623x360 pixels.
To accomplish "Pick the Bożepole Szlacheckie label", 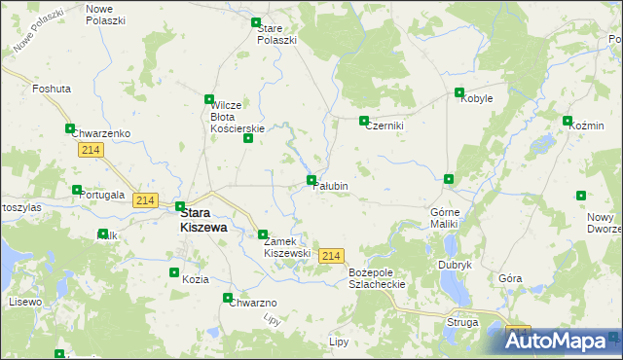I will pos(376,277).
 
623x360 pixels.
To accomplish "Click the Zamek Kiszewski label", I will pos(287,247).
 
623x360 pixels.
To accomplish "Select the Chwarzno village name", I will pos(254,303).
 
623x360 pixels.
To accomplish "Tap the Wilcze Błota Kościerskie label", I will pos(238,117).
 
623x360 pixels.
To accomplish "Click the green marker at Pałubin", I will pos(311,180).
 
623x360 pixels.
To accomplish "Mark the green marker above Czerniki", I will pos(364,122).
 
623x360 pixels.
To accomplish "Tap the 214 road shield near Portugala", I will pos(145,200).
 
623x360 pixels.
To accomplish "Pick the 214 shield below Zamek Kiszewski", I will pos(331,255).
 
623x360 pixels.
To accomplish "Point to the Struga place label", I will pos(462,321).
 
